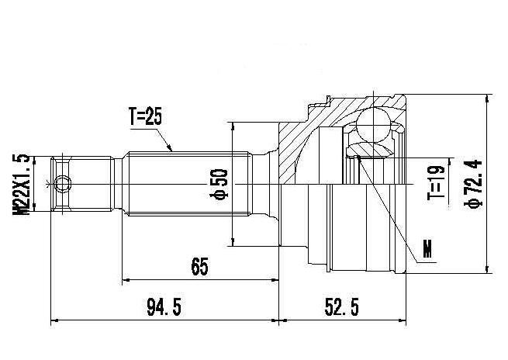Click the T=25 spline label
(145, 116)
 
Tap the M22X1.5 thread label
(21, 184)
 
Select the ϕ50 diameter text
(219, 184)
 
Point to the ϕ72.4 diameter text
(474, 184)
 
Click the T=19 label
(436, 183)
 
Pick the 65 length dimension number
(199, 266)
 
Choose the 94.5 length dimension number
(164, 307)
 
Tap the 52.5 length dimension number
(342, 307)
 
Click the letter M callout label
(427, 248)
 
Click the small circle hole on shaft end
(63, 184)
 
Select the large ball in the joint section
(373, 125)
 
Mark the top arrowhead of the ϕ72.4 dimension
(486, 99)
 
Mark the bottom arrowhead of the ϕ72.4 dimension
(486, 269)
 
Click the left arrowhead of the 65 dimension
(126, 279)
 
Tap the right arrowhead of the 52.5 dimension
(402, 320)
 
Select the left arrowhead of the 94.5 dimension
(55, 320)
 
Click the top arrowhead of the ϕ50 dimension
(233, 126)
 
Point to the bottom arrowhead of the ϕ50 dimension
(233, 242)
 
